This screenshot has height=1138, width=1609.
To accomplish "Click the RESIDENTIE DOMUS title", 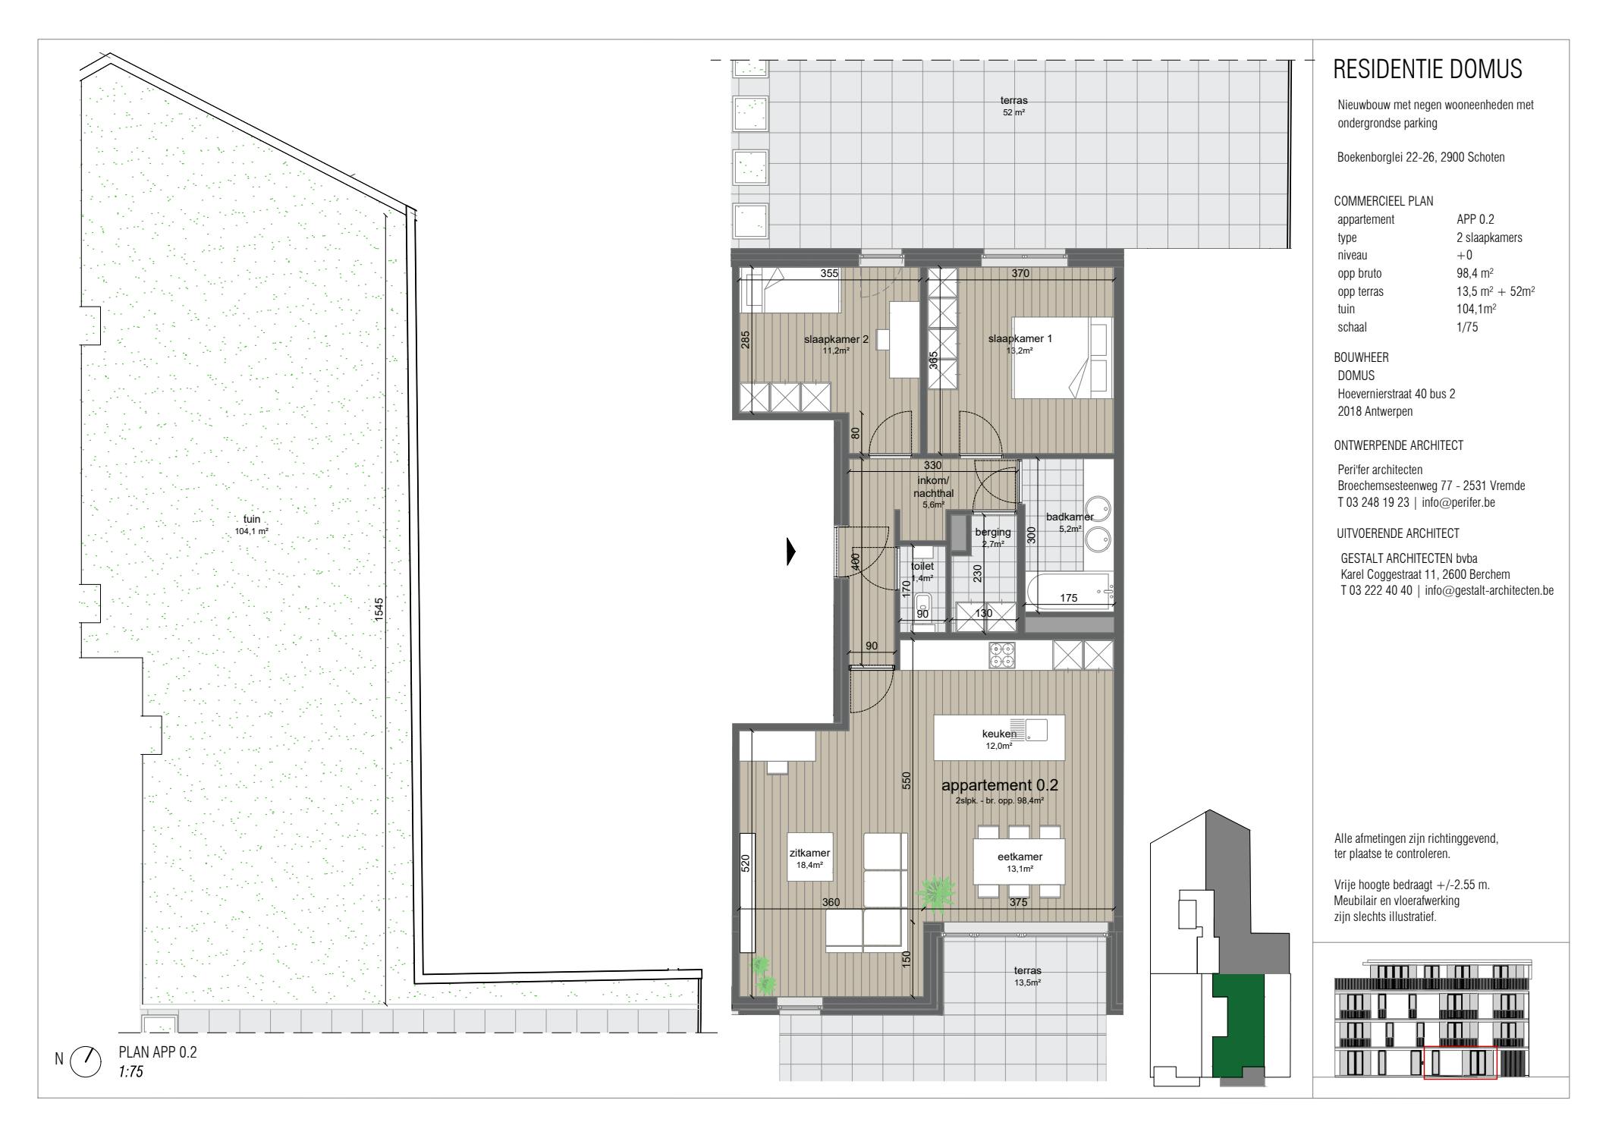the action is point(1427,69).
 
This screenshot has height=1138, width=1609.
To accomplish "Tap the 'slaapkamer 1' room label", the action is point(1020,338).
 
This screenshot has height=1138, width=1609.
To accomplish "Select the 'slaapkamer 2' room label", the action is point(836,339).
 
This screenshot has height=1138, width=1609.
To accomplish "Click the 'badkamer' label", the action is point(1070,517).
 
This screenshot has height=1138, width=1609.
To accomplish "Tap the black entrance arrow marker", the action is point(791,552).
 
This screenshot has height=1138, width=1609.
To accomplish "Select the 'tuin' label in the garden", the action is point(252,520).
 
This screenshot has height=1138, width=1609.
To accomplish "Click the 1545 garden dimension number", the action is point(379,610).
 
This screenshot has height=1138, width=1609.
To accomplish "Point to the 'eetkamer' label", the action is point(1020,857).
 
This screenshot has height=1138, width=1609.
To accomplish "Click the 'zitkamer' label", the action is point(809,853).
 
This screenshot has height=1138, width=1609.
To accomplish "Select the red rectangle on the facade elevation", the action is point(1460,1062).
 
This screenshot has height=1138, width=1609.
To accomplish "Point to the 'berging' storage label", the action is point(992,533).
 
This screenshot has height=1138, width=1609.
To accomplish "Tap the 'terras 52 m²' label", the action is point(1014,105).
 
